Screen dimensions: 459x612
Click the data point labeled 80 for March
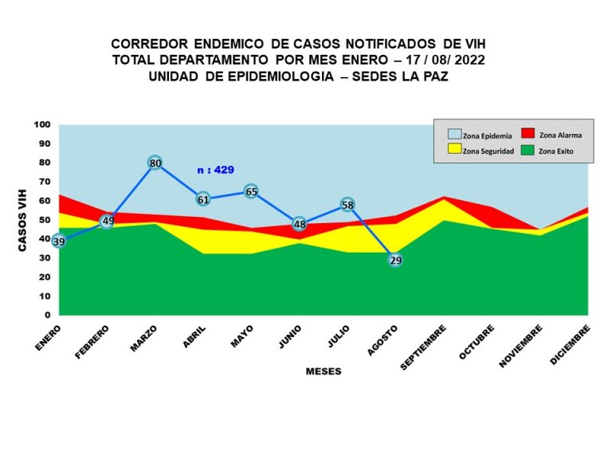click(x=155, y=163)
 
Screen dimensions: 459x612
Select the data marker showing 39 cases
click(x=58, y=241)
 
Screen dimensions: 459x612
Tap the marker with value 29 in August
click(x=395, y=259)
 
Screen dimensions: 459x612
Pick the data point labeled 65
click(x=251, y=191)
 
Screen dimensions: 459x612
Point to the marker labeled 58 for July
click(x=347, y=205)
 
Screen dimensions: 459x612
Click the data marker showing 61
click(x=203, y=199)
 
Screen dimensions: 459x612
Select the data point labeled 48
click(x=299, y=224)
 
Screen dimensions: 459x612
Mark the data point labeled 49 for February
click(x=107, y=222)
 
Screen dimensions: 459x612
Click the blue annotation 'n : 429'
click(x=215, y=170)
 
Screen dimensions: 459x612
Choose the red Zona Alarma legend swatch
click(x=528, y=133)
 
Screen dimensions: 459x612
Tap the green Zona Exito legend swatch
click(x=528, y=149)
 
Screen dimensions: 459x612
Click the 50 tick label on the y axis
click(x=45, y=220)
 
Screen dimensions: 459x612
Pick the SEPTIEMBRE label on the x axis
click(x=423, y=347)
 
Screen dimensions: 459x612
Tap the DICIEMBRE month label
click(x=571, y=344)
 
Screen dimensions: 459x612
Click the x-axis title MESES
click(x=324, y=371)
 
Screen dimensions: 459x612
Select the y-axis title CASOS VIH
click(x=23, y=220)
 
